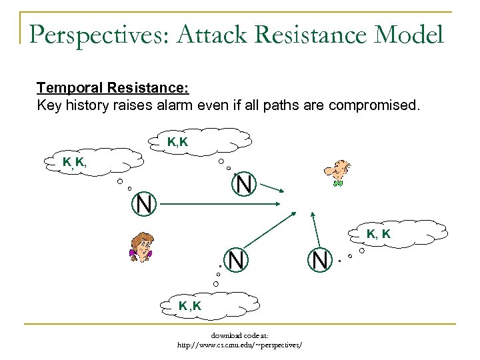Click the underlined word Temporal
click(x=65, y=87)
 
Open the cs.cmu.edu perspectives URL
click(x=240, y=345)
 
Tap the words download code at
click(x=240, y=336)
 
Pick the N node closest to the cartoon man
click(x=245, y=184)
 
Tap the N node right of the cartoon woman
click(x=235, y=259)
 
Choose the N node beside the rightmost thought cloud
click(x=320, y=259)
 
